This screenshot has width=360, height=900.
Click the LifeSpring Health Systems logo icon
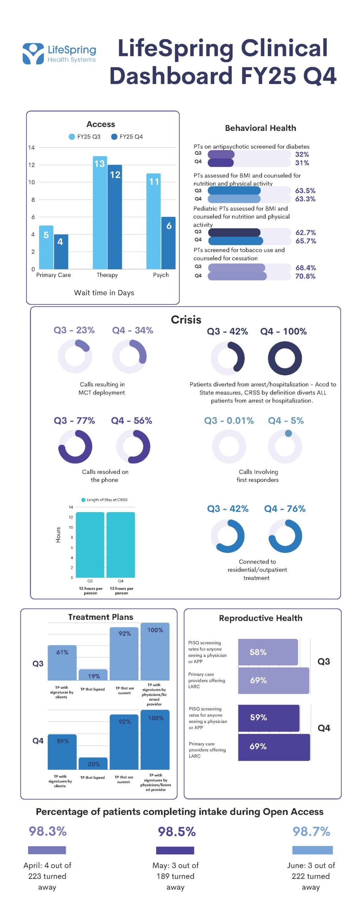(33, 53)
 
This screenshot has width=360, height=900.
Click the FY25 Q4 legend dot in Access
(114, 137)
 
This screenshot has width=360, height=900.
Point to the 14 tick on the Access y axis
(32, 148)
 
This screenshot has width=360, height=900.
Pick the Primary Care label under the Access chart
(53, 275)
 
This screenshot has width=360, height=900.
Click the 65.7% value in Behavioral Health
(306, 241)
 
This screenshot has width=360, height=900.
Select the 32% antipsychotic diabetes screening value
(302, 154)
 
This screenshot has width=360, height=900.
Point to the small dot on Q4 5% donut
(288, 433)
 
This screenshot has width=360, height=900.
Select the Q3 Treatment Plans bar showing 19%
(93, 675)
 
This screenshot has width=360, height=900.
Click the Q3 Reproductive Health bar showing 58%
(268, 652)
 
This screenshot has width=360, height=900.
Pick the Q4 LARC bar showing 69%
(274, 747)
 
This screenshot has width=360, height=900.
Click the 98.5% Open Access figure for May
(176, 831)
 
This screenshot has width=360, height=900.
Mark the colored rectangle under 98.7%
(312, 850)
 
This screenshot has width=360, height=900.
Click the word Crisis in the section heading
(186, 320)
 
